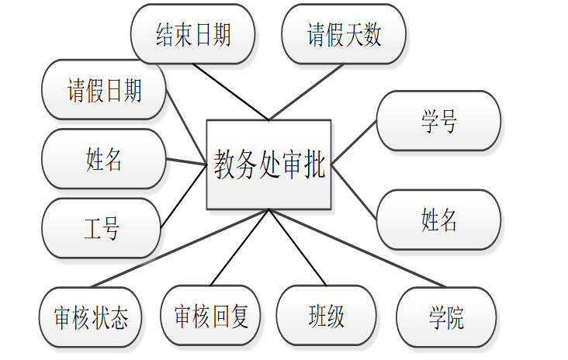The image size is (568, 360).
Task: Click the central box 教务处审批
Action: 268,164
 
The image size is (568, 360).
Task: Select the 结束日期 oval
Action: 193,34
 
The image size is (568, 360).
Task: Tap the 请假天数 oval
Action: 345,34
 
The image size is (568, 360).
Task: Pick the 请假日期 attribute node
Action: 104,91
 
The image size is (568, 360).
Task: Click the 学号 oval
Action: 438,120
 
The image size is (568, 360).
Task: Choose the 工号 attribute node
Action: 101,228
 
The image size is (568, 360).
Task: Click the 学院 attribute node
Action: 445,317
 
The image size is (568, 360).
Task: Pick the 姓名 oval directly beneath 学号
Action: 438,220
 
